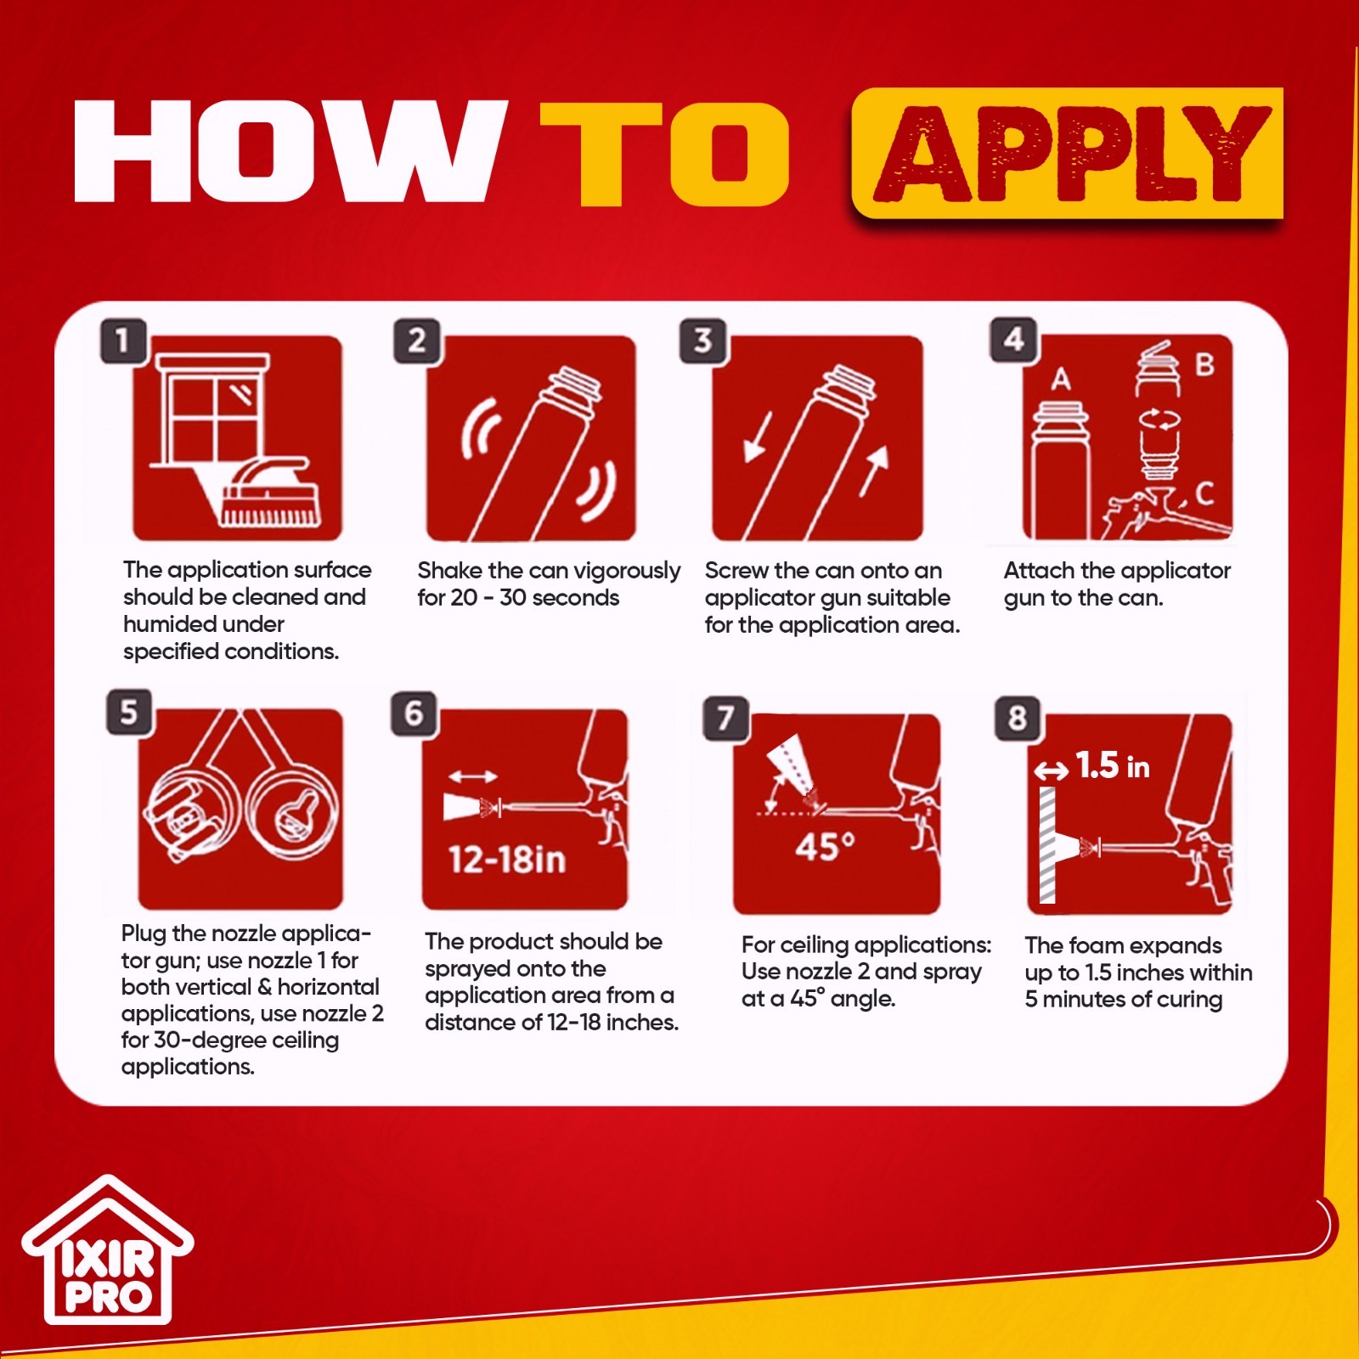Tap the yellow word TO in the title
(x=665, y=154)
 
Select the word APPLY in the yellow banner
(x=1072, y=153)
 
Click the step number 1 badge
(x=124, y=341)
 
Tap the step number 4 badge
(x=1013, y=340)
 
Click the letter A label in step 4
(x=1061, y=379)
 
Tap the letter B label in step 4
(x=1204, y=365)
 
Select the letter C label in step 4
(x=1204, y=493)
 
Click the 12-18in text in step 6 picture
(x=507, y=860)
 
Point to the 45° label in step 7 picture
(x=825, y=847)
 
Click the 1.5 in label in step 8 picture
(x=1113, y=766)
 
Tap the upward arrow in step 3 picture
(x=874, y=471)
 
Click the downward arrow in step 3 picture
(x=758, y=437)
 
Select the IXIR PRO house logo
(x=108, y=1249)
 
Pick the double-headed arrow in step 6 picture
(x=473, y=776)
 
